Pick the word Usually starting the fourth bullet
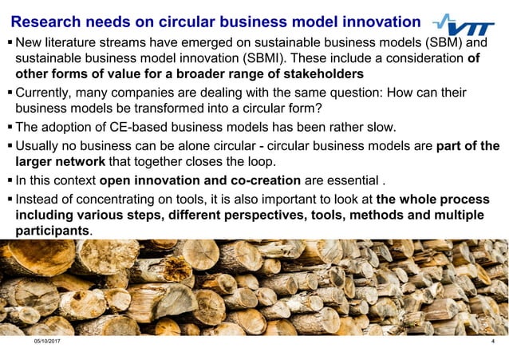pyautogui.click(x=41, y=146)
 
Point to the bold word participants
pyautogui.click(x=53, y=231)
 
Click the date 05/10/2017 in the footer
pyautogui.click(x=47, y=341)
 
